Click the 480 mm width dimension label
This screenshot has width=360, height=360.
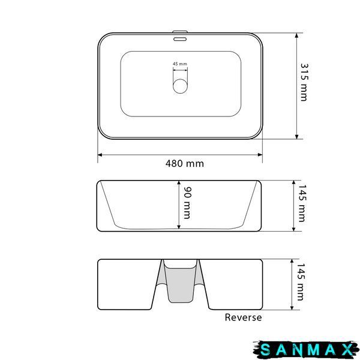pos(185,163)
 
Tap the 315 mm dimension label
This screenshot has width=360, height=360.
pos(304,82)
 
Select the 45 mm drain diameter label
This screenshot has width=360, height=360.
pos(180,64)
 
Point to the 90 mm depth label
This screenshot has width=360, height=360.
pos(187,203)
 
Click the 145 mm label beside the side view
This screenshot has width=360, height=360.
pos(302,203)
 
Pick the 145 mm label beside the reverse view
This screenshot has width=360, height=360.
pos(301,282)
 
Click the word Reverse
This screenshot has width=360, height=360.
pos(243,317)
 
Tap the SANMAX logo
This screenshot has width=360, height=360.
pos(306,350)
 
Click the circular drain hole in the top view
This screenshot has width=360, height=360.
pos(180,86)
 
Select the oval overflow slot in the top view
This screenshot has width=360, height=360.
pos(180,39)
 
